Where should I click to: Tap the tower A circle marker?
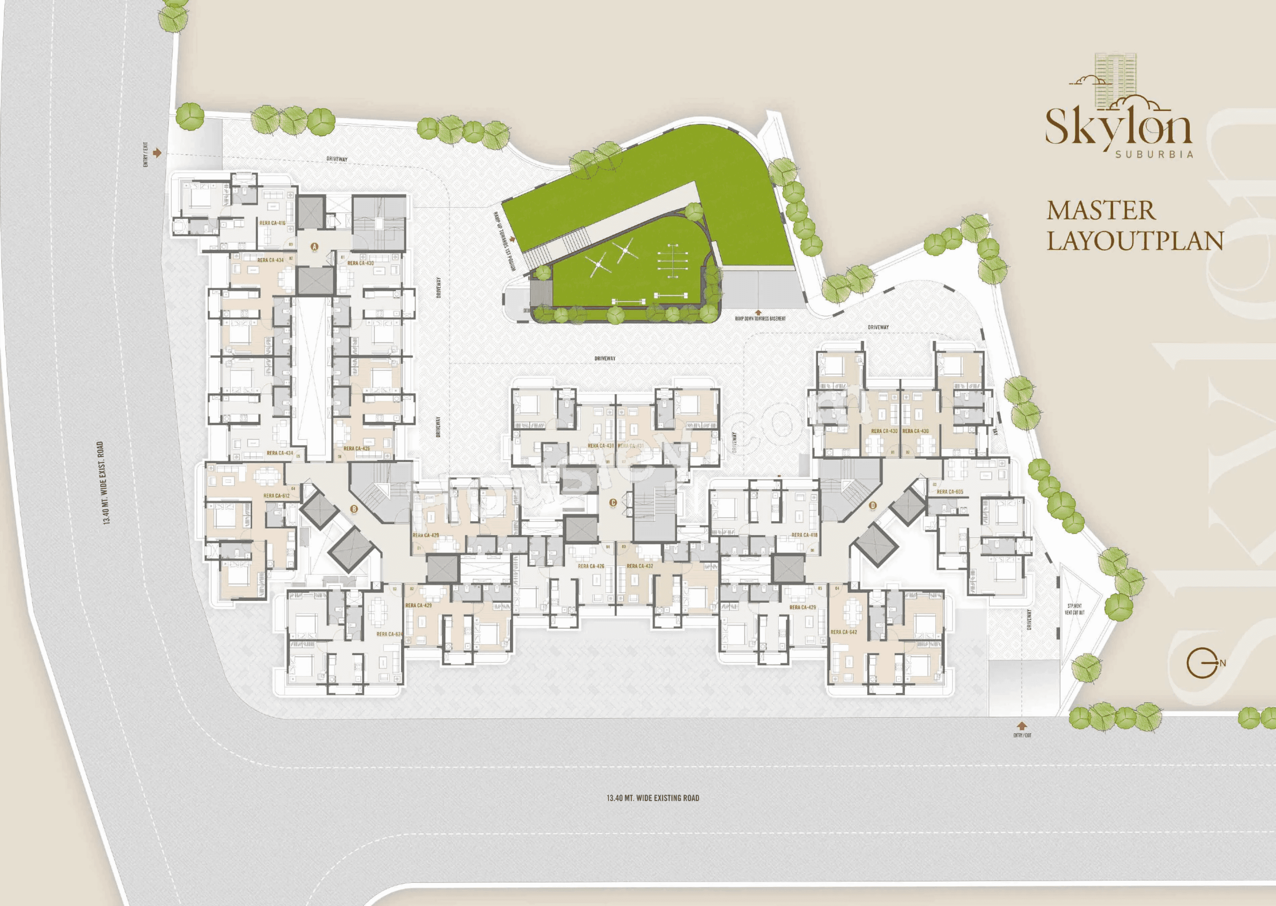click(x=314, y=246)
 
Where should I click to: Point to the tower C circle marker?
click(x=613, y=503)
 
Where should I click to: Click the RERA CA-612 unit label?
click(x=276, y=495)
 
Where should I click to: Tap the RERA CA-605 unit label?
click(x=950, y=492)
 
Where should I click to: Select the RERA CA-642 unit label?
click(x=844, y=632)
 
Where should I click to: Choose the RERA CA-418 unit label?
click(x=804, y=535)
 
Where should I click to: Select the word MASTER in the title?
click(x=1101, y=211)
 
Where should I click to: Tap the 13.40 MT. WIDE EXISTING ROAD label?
click(x=652, y=798)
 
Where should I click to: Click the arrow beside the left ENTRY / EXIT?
click(x=157, y=152)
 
